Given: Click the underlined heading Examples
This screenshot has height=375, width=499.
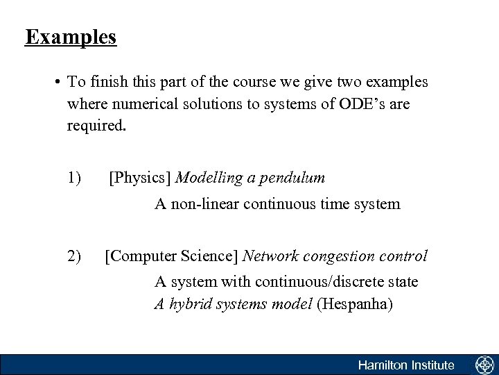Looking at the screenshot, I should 71,37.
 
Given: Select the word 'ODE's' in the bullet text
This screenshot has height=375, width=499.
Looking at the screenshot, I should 365,105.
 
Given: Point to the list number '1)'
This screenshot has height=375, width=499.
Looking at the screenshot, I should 76,178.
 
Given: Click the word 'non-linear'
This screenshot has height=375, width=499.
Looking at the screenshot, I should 204,204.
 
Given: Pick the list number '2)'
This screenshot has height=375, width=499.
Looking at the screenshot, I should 76,256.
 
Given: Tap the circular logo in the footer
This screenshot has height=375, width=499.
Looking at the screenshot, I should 483,365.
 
